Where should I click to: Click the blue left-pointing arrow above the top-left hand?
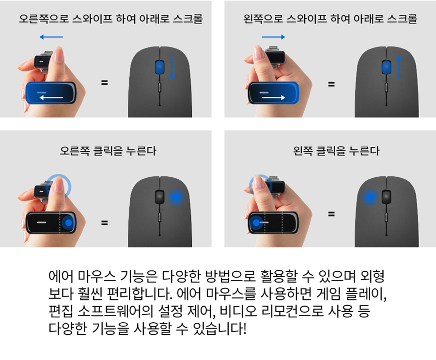51,37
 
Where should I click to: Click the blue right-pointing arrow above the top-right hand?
273,37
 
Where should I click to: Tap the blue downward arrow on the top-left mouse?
172,67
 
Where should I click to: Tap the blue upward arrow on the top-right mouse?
399,68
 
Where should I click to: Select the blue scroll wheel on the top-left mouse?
159,67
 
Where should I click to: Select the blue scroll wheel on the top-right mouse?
386,67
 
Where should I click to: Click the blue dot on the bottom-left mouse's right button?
176,197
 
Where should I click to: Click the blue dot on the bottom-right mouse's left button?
370,197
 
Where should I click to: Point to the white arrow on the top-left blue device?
51,97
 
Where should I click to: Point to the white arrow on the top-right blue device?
273,97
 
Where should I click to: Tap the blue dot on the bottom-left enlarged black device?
68,223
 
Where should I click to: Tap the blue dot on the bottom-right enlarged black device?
256,223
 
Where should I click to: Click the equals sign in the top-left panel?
104,82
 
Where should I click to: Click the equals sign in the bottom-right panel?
331,214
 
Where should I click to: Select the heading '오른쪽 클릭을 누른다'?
108,151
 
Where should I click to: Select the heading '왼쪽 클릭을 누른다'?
336,151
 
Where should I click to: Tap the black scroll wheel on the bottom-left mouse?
159,197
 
